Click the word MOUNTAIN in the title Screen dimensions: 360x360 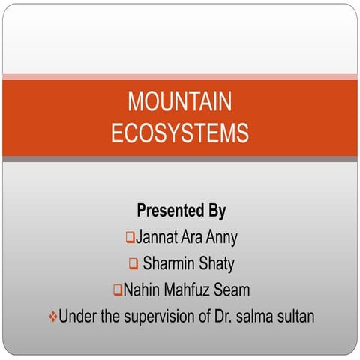coord(180,102)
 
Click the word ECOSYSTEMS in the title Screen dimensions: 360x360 coord(180,133)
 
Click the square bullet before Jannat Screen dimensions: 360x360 coord(130,238)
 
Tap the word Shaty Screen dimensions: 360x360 coord(216,263)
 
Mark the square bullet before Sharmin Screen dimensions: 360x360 coord(133,263)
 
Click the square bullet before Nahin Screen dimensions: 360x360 coord(118,289)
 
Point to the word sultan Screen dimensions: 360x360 coord(294,316)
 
